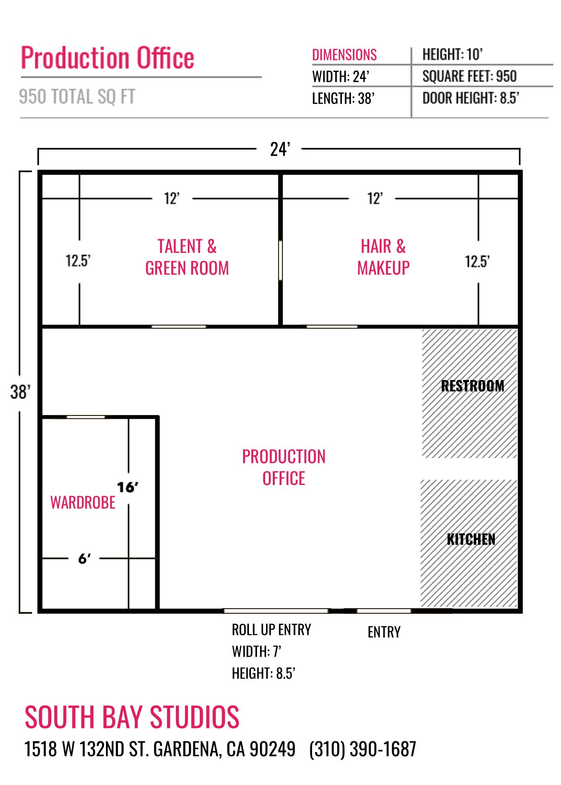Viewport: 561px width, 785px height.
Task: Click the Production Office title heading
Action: click(107, 58)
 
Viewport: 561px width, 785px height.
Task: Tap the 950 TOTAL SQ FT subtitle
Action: click(77, 97)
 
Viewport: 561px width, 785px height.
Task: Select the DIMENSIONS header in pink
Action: click(344, 55)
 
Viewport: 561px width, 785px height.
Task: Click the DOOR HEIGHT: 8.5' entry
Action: click(470, 98)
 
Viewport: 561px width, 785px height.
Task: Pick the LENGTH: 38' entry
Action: click(343, 98)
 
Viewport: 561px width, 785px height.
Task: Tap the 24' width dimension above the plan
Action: click(280, 150)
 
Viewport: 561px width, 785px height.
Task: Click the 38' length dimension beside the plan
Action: click(20, 392)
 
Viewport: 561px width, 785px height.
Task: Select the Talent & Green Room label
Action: click(187, 257)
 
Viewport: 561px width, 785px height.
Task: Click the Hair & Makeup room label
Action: click(383, 257)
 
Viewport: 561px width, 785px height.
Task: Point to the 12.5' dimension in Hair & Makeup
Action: click(477, 262)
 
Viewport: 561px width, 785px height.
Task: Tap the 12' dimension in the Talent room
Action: click(172, 199)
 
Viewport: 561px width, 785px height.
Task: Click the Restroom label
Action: click(472, 386)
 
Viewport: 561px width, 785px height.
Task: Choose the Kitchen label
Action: click(471, 539)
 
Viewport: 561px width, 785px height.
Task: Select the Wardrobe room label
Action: click(83, 503)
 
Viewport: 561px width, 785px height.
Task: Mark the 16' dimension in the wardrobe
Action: click(127, 487)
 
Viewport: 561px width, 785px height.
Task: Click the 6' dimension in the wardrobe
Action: click(84, 559)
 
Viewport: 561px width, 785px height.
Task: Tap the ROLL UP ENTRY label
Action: click(271, 630)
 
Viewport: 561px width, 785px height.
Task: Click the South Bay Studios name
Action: click(132, 717)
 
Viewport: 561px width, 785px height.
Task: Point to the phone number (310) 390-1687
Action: click(362, 749)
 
